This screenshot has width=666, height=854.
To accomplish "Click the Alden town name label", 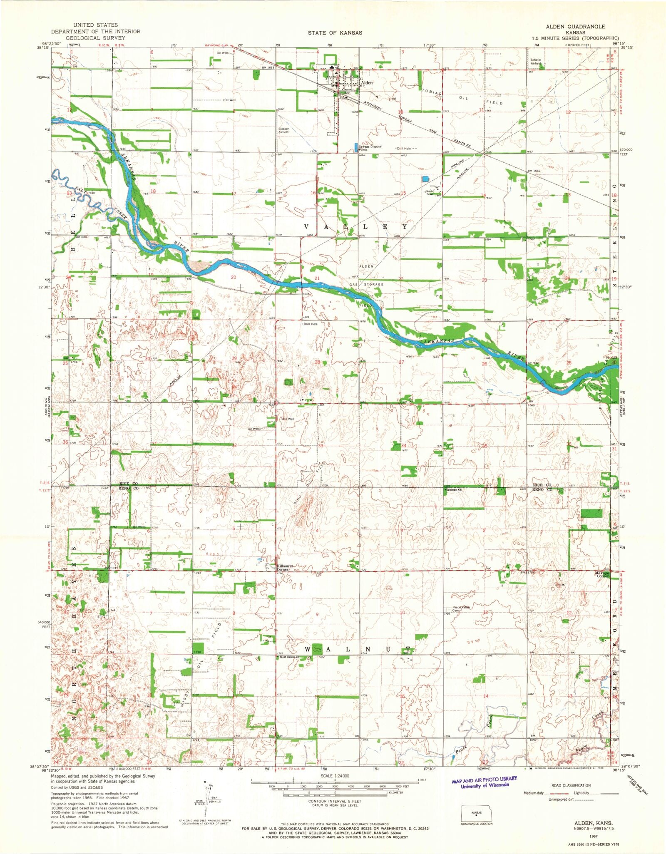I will click(x=367, y=83).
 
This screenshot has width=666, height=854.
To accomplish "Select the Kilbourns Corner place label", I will click(x=286, y=568).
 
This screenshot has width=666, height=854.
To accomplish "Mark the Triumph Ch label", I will click(x=455, y=490).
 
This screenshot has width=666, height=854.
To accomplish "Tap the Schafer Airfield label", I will click(x=536, y=62).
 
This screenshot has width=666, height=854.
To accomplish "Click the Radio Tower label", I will click(x=430, y=193).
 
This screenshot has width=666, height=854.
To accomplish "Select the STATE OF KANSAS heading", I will click(x=335, y=32).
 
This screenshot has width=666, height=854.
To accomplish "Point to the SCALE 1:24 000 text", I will click(x=334, y=776).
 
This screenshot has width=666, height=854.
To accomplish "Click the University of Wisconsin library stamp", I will click(x=484, y=782).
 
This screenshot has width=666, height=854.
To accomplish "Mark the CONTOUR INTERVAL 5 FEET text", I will click(x=334, y=801).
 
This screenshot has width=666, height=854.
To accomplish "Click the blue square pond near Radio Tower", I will click(x=425, y=179).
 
